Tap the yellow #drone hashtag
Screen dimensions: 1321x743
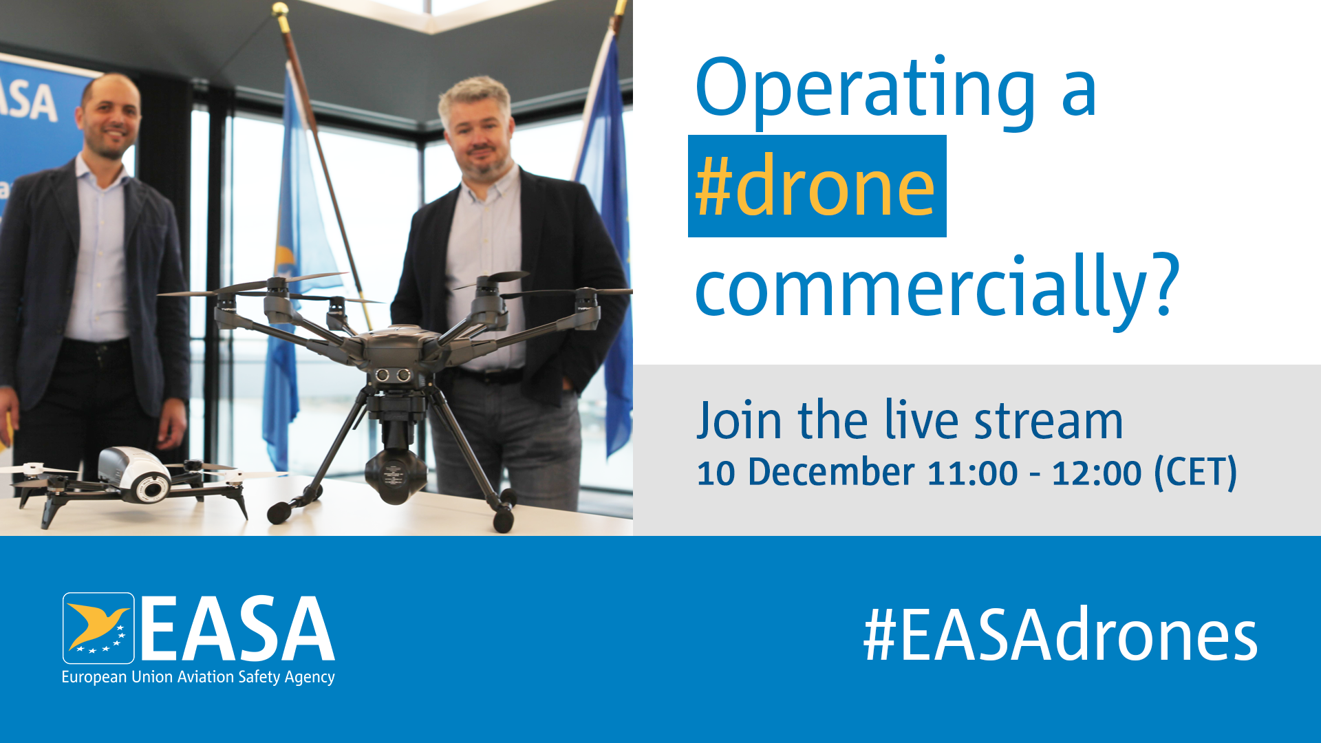tap(816, 186)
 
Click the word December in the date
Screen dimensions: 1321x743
tap(831, 473)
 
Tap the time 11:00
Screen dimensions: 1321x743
tap(972, 473)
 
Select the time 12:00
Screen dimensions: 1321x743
tap(1097, 473)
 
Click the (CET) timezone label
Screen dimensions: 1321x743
tap(1196, 473)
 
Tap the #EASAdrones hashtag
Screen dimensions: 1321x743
tap(1060, 634)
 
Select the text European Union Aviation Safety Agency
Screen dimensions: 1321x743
tap(198, 677)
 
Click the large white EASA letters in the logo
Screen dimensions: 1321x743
tap(238, 627)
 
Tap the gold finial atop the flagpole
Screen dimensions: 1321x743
tap(280, 10)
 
